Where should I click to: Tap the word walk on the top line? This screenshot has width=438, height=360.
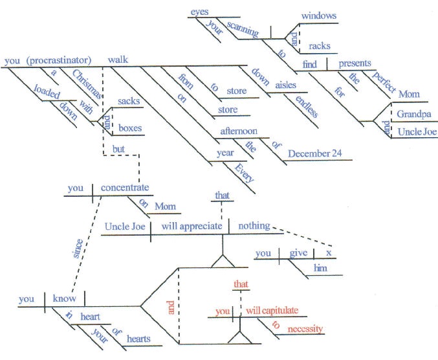[118, 61]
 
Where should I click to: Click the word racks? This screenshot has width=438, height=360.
[320, 46]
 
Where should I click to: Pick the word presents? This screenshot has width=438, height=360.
[354, 63]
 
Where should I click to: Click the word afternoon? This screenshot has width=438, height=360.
[239, 131]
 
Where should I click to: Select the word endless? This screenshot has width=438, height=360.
[306, 106]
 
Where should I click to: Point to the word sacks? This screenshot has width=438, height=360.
[129, 102]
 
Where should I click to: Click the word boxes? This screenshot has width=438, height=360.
[130, 128]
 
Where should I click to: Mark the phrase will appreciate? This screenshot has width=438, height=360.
[190, 227]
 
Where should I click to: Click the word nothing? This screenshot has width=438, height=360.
[254, 226]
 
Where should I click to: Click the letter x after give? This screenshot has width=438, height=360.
[328, 253]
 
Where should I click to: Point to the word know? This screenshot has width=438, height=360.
[65, 299]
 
